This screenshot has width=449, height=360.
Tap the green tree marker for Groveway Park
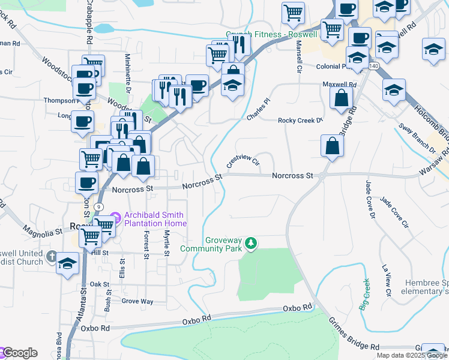pos(252,244)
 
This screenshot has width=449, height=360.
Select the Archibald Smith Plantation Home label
pos(153,220)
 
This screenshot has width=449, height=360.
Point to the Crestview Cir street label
pos(243,161)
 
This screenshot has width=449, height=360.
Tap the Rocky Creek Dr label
pos(300,121)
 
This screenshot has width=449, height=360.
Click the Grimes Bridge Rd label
pos(354,334)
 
